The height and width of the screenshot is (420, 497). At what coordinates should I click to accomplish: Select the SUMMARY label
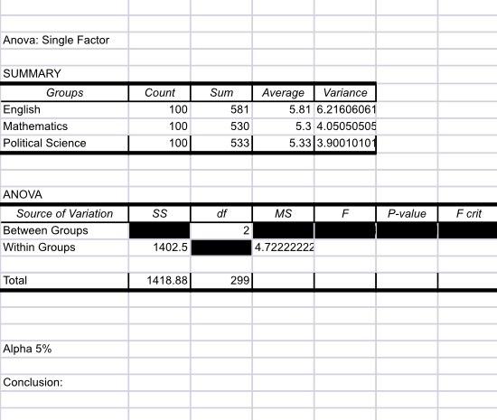coord(32,74)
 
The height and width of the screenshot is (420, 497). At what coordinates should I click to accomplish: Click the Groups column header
coord(64,92)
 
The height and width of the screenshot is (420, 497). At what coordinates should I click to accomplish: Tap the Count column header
coord(160,92)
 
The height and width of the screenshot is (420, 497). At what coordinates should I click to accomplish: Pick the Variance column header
coord(345,92)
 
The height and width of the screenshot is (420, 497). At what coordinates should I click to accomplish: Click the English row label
coord(22,109)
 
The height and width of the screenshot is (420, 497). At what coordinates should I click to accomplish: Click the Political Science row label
coord(45,143)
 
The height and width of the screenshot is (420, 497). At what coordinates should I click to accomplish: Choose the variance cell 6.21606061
coord(346,109)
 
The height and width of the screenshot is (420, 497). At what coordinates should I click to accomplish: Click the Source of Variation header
coord(65,214)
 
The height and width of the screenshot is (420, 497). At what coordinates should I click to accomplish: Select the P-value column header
coord(406,214)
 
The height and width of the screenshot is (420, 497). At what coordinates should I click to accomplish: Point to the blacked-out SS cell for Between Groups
coord(160,230)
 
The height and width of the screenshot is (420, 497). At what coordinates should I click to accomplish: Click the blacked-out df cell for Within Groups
coord(221,247)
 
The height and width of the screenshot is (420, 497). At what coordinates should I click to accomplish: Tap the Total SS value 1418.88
coord(167,281)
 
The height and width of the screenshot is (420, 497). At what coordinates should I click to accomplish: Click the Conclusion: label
coord(33,382)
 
